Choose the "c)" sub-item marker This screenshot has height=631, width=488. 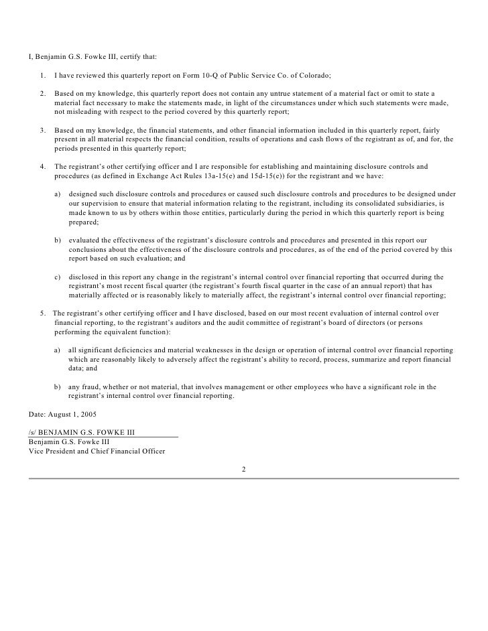click(57, 277)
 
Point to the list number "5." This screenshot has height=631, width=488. click(43, 313)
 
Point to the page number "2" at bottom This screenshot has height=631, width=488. click(244, 469)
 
